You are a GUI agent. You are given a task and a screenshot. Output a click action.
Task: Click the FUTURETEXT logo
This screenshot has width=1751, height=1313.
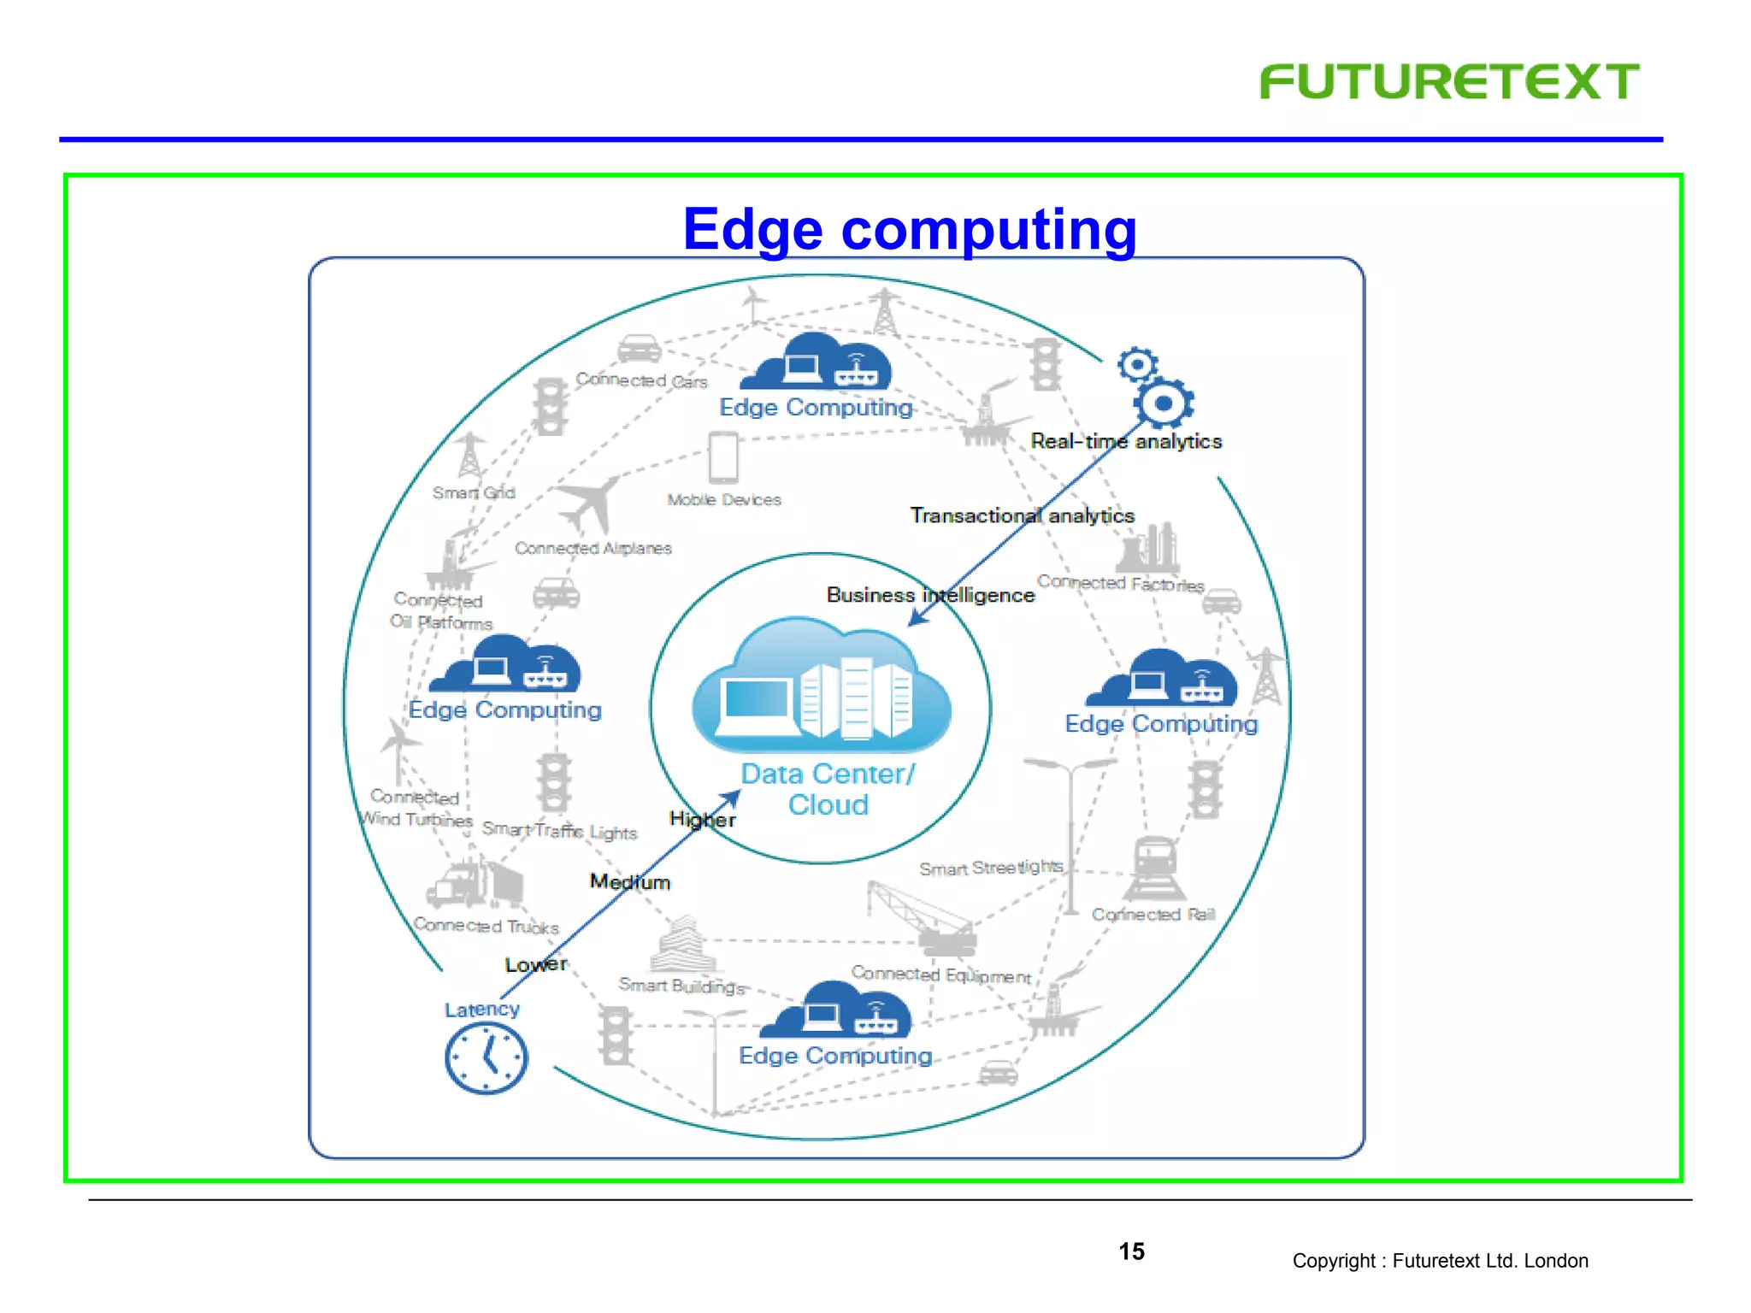click(1448, 82)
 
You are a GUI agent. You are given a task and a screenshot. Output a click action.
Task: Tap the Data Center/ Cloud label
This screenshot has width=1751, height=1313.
click(827, 789)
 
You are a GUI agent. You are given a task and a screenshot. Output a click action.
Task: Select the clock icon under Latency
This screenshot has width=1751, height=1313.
click(486, 1059)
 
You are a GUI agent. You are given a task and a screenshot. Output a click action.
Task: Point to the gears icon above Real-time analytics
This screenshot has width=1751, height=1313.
click(1155, 388)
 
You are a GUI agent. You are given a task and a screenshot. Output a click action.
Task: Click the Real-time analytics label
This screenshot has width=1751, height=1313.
click(1126, 441)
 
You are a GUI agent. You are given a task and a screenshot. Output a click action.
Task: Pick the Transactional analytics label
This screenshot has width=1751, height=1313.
click(1022, 515)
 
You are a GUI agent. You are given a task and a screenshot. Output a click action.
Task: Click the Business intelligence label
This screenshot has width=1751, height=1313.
click(930, 595)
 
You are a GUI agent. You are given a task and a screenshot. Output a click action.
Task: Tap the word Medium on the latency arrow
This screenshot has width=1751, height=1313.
click(630, 881)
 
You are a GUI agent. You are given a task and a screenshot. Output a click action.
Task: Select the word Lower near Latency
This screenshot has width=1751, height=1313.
click(535, 964)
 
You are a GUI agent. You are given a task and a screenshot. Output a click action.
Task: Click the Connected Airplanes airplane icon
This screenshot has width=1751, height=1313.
click(589, 503)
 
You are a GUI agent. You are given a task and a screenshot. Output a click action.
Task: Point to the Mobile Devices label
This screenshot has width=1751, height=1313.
click(724, 500)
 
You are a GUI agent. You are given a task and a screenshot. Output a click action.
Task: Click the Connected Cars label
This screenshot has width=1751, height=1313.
click(641, 380)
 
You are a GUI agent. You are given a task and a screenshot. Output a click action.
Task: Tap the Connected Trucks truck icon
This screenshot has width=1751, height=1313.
click(475, 884)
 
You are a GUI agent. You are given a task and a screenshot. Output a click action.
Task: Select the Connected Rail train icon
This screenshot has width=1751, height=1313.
click(1153, 868)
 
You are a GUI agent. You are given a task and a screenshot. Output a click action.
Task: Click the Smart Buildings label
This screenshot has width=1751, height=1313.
click(681, 986)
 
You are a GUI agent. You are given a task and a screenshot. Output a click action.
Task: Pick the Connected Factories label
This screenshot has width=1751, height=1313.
click(1120, 584)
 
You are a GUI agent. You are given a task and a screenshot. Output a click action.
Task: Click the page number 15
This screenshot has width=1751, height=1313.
click(1131, 1251)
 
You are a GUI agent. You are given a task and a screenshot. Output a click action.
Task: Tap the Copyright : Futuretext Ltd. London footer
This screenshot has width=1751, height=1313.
click(1440, 1261)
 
